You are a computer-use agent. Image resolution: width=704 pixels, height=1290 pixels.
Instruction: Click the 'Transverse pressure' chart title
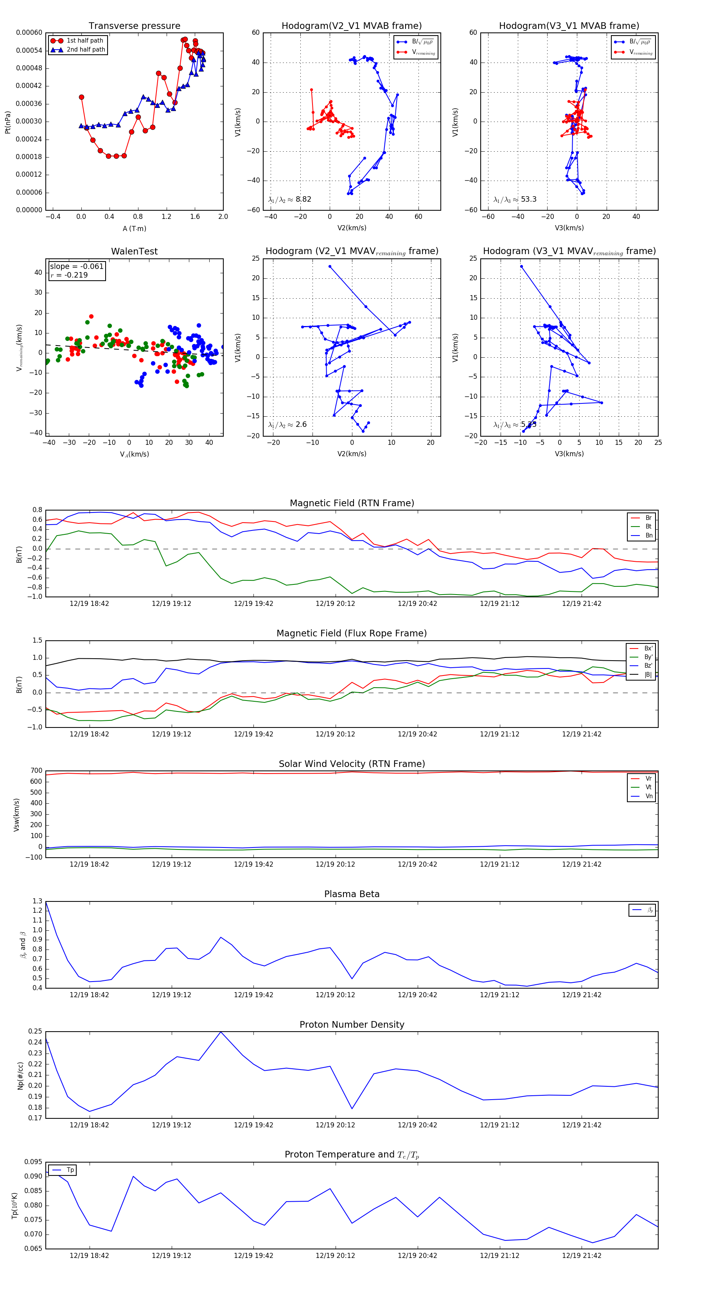pyautogui.click(x=134, y=26)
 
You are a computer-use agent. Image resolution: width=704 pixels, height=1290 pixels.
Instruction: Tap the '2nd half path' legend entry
pyautogui.click(x=86, y=50)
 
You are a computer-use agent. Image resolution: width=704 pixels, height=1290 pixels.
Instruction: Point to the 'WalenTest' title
pyautogui.click(x=134, y=251)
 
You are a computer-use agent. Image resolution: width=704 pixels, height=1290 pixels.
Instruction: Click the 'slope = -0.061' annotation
pyautogui.click(x=77, y=267)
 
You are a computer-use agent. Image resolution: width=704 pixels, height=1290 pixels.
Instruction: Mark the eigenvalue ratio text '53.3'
pyautogui.click(x=528, y=199)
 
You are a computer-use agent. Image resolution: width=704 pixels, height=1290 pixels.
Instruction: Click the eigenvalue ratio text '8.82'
pyautogui.click(x=303, y=199)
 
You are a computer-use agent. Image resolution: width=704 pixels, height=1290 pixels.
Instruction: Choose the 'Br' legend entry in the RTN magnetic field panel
pyautogui.click(x=648, y=518)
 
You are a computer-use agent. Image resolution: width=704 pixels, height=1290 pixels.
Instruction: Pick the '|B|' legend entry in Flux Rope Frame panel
pyautogui.click(x=648, y=675)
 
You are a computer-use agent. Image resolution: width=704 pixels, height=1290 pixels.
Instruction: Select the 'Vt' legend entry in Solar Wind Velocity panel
pyautogui.click(x=648, y=787)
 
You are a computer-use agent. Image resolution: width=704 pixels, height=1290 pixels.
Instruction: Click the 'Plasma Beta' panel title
pyautogui.click(x=352, y=894)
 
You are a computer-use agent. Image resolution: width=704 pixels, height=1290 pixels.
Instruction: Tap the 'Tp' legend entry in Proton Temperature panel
pyautogui.click(x=70, y=1170)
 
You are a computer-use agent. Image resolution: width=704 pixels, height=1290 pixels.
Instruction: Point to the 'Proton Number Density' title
pyautogui.click(x=352, y=1024)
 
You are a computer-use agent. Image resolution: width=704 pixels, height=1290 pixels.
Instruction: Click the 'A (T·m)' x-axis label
pyautogui.click(x=134, y=228)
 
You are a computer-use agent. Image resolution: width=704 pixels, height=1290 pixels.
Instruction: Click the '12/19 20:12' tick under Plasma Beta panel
pyautogui.click(x=335, y=994)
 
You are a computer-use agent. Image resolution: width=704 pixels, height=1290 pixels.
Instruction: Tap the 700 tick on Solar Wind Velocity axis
pyautogui.click(x=36, y=771)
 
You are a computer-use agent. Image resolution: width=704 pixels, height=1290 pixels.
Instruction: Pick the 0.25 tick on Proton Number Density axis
pyautogui.click(x=35, y=1031)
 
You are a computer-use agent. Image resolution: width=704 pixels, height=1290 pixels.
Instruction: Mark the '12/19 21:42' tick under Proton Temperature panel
pyautogui.click(x=581, y=1256)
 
